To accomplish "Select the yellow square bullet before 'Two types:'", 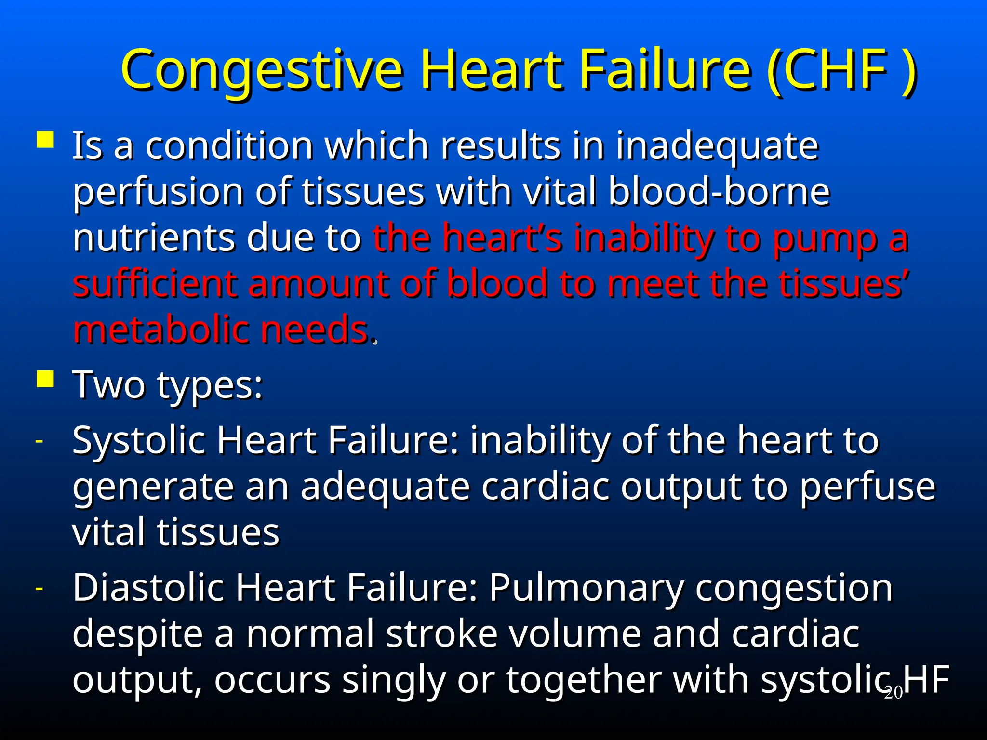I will [45, 379].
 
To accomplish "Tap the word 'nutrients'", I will [153, 238].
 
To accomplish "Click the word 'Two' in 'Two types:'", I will [108, 385].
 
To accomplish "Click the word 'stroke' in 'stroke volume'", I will [441, 634].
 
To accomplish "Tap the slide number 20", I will [893, 693].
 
